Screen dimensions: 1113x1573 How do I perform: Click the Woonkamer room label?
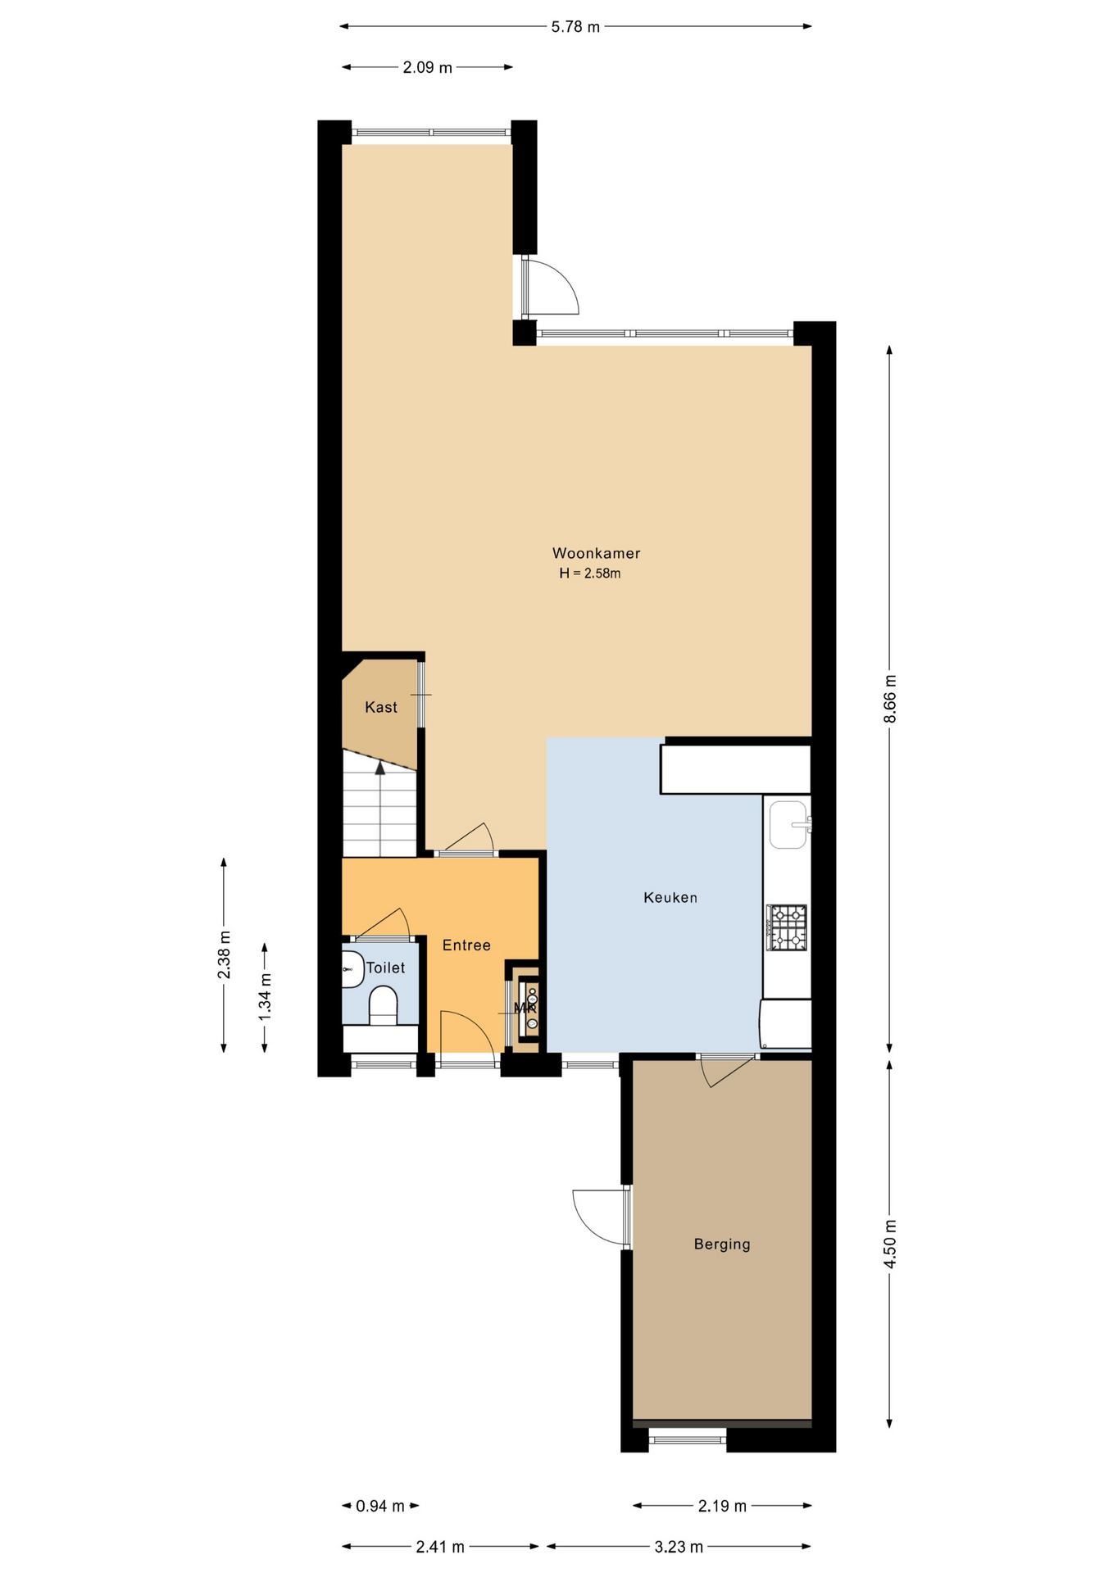596,554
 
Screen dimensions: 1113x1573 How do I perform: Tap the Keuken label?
670,898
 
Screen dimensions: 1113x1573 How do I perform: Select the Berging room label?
722,1244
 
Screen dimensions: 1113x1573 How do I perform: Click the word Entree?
466,945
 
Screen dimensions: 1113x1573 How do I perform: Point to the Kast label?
381,707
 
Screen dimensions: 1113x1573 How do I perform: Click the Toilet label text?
385,968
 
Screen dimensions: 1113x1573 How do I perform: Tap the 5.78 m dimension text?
575,27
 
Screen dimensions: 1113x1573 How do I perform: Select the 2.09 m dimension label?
427,68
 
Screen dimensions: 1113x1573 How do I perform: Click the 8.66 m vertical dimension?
890,699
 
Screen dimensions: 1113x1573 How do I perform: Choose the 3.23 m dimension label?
679,1547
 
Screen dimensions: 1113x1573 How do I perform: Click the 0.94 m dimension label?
380,1506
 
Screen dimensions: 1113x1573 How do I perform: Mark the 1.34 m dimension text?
265,997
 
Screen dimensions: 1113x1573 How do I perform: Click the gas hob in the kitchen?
787,927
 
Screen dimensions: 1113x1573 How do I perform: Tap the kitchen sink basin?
788,824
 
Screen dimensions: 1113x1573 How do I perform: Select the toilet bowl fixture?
383,1005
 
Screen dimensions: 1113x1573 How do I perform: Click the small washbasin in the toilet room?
352,969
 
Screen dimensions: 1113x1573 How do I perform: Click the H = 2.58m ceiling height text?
590,573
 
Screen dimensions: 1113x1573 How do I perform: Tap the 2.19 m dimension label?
722,1506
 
